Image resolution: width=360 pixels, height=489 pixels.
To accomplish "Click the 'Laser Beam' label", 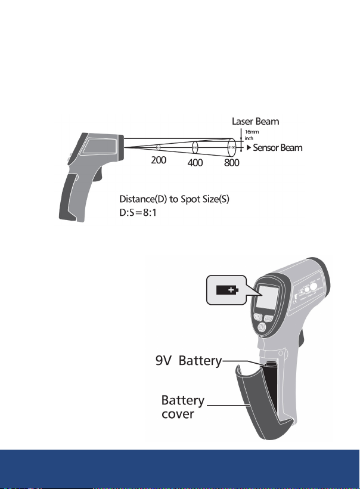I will point(255,122).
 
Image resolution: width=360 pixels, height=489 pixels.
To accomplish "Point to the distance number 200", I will point(158,160).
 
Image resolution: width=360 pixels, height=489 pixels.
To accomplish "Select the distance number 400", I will point(195,163).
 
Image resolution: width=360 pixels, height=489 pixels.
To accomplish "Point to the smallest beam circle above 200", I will point(158,146).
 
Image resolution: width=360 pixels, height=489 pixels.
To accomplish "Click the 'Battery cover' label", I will point(184,406).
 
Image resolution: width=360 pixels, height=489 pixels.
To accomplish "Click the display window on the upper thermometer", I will point(100,146).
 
